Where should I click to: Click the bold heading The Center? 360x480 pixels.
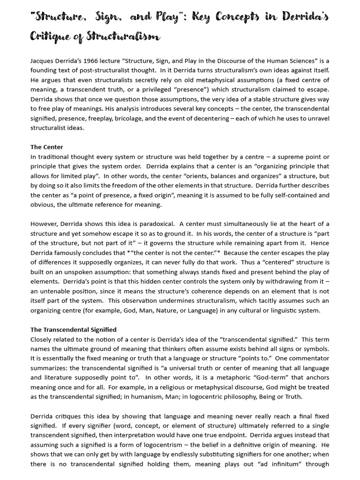(x=47, y=147)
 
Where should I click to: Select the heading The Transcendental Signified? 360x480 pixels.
(x=74, y=330)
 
